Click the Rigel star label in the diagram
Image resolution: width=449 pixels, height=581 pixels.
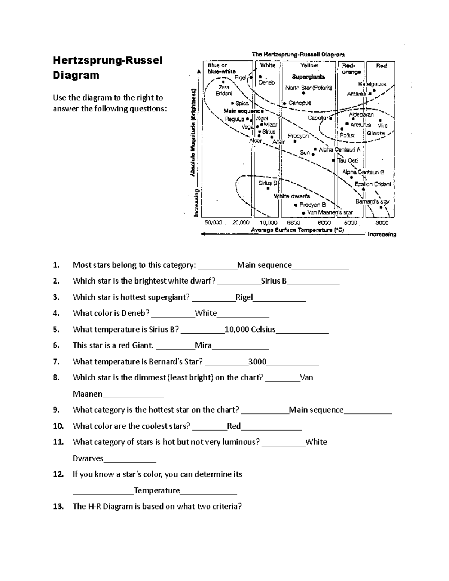point(240,77)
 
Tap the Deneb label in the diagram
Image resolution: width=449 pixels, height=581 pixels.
point(267,83)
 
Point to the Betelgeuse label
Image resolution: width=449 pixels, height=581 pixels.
point(372,84)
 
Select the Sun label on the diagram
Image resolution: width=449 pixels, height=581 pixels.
point(305,152)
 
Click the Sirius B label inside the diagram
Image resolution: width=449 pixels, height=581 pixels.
point(268,183)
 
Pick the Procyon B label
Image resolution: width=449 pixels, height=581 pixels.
point(312,205)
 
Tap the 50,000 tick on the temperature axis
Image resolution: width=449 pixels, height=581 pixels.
point(213,223)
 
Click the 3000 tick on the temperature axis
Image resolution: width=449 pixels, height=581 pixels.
point(382,223)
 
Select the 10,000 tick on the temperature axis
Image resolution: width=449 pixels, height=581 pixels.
point(268,223)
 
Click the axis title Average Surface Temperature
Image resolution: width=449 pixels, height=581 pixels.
point(297,230)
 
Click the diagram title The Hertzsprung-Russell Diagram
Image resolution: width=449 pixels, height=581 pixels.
point(298,55)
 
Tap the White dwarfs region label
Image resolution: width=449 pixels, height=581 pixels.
point(292,196)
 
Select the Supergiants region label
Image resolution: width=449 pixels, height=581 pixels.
point(308,77)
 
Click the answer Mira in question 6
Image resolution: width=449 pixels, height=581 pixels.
point(203,345)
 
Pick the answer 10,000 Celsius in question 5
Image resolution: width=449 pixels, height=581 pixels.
point(250,330)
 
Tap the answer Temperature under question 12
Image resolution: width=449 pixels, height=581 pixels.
point(157,490)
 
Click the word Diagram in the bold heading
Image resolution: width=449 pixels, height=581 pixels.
point(76,75)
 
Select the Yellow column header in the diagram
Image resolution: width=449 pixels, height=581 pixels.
point(309,65)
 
